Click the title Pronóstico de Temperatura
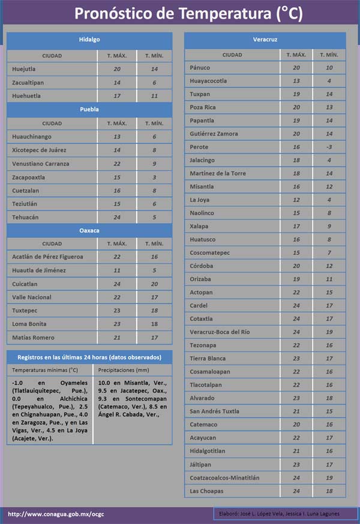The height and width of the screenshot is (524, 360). (180, 13)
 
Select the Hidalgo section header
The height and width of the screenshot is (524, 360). (89, 40)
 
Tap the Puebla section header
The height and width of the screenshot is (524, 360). (89, 110)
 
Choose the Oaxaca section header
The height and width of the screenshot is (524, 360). (89, 230)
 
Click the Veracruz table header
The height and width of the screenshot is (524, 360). (265, 40)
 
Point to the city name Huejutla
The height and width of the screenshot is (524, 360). (24, 69)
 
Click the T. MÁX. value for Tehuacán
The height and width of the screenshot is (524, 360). (117, 217)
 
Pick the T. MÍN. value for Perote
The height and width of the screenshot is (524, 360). (329, 147)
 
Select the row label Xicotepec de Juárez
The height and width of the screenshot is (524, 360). (39, 150)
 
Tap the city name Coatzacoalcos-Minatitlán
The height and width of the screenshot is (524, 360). (224, 478)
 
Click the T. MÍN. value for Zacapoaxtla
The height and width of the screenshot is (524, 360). (154, 177)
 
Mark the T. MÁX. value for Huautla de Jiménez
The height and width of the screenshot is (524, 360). (117, 270)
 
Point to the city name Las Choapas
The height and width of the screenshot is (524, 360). (206, 491)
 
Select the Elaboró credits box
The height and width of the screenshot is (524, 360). (285, 514)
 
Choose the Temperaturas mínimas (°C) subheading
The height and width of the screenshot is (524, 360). (45, 370)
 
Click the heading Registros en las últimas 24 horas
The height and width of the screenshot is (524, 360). (89, 357)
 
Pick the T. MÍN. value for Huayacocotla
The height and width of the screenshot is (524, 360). (329, 81)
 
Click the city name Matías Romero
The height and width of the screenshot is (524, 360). (33, 338)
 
